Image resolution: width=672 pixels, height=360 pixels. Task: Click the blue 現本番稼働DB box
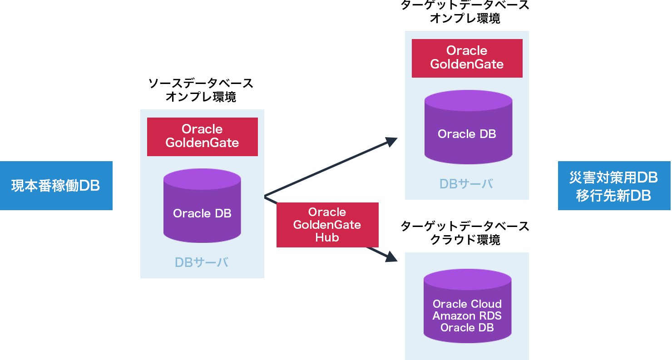click(x=56, y=186)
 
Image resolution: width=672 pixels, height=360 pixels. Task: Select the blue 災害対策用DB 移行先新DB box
click(x=614, y=186)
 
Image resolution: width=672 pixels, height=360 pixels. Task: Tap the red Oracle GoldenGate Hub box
click(x=327, y=225)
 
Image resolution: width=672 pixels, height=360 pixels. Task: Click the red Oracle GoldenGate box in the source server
click(x=202, y=136)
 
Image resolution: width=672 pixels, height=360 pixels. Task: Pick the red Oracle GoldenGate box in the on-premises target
click(x=467, y=58)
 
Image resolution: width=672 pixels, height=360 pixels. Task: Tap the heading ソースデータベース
click(x=201, y=84)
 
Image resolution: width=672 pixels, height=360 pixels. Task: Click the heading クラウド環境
click(x=465, y=240)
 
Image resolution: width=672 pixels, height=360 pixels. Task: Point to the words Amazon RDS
click(x=467, y=316)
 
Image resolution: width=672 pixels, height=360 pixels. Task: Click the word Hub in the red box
click(x=327, y=237)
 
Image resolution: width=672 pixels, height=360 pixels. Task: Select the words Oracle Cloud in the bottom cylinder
click(x=467, y=304)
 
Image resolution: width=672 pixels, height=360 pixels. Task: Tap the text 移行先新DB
click(x=614, y=195)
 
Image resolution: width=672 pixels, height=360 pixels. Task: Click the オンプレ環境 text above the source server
click(x=201, y=97)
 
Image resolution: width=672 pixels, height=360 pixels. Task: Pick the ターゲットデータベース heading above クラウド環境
click(x=465, y=226)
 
